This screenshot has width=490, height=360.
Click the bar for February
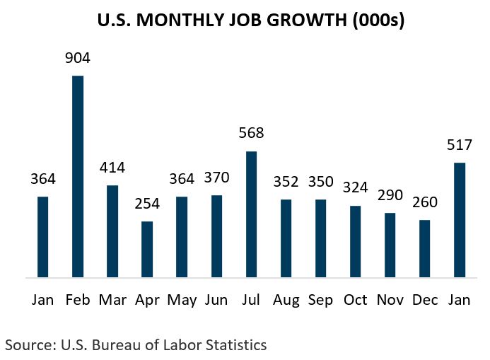pos(78,177)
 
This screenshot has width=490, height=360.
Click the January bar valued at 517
pos(459,220)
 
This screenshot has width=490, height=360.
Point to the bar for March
pos(112,231)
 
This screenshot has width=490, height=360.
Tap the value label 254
pos(147,205)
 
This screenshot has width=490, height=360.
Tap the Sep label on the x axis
pos(320,300)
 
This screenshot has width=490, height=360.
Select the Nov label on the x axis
pos(390,300)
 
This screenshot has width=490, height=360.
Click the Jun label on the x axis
pos(216,300)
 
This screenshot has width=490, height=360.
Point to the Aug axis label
pos(286,300)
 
